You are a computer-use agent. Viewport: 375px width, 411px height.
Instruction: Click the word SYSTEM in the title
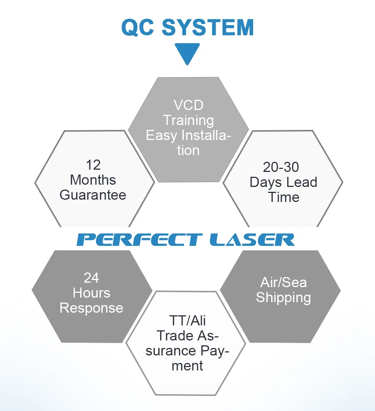click(x=208, y=27)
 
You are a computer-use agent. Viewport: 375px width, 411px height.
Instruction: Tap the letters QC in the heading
click(x=138, y=27)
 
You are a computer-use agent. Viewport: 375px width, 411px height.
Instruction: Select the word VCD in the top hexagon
click(x=189, y=105)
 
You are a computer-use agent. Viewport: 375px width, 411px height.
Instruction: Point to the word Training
click(x=189, y=121)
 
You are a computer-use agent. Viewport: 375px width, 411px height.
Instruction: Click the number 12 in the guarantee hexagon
click(x=93, y=165)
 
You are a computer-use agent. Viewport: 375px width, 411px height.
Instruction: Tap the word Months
click(x=93, y=180)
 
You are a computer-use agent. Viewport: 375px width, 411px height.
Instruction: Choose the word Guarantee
click(x=93, y=195)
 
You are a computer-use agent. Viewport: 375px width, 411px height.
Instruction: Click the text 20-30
click(x=281, y=167)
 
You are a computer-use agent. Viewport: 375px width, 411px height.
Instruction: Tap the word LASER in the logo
click(x=252, y=240)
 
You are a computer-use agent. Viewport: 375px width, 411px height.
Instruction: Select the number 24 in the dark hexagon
click(x=91, y=278)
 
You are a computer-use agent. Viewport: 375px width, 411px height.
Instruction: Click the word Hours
click(x=91, y=293)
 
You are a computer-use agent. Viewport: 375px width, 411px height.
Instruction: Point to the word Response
click(x=91, y=308)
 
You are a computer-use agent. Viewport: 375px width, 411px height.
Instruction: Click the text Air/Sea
click(x=283, y=283)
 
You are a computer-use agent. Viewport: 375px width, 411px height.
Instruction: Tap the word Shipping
click(x=283, y=298)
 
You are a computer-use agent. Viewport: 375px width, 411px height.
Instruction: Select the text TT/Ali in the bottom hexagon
click(x=187, y=321)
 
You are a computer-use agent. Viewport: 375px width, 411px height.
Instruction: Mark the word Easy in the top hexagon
click(x=162, y=136)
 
